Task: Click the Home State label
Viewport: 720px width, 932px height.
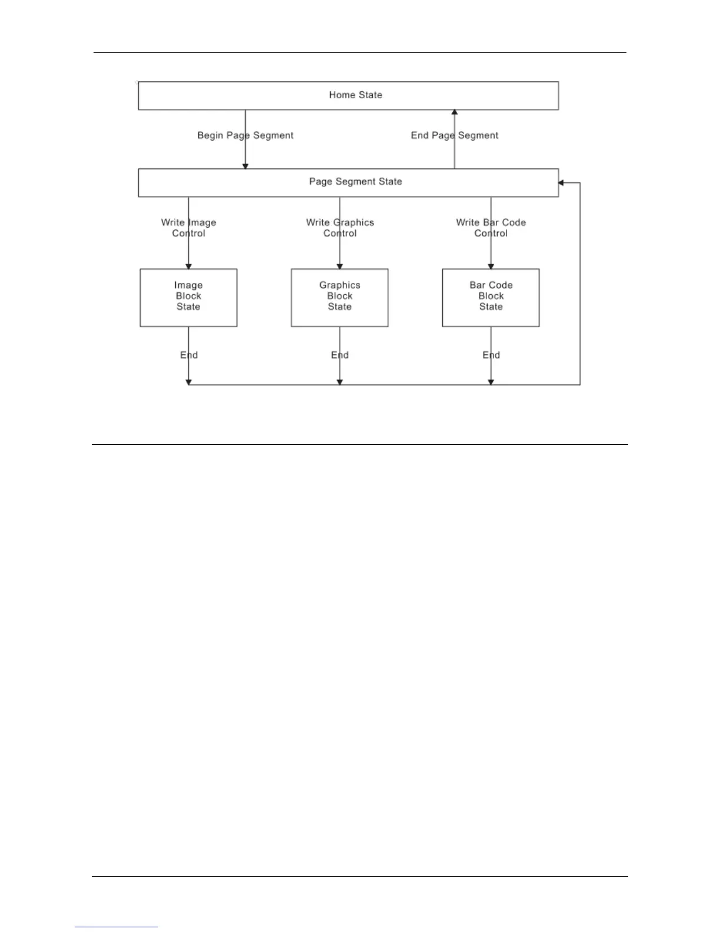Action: (x=355, y=95)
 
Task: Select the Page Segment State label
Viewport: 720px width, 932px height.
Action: (x=355, y=181)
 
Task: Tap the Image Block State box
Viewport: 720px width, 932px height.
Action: (x=188, y=298)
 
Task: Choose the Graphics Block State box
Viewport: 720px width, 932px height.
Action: (x=339, y=298)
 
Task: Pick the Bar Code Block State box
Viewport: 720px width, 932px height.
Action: (x=491, y=298)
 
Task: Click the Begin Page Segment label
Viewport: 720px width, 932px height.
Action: (x=245, y=135)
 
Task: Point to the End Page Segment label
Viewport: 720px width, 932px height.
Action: (x=454, y=135)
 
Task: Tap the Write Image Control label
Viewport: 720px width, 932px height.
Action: (x=188, y=228)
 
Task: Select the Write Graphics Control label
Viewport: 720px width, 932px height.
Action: (x=339, y=228)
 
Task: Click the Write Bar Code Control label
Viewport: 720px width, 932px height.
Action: (x=491, y=228)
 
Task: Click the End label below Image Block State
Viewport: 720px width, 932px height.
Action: (x=189, y=355)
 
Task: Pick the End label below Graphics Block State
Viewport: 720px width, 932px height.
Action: (x=340, y=355)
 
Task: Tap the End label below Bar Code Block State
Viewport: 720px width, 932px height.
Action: (x=491, y=355)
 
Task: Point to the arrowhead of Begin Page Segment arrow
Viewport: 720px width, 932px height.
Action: (x=245, y=166)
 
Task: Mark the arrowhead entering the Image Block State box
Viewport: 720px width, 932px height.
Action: (x=188, y=266)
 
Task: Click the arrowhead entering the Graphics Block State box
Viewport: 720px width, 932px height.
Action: (x=339, y=266)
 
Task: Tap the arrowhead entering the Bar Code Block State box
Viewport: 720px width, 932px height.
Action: (x=491, y=266)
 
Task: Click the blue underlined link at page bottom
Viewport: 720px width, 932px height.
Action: (x=116, y=927)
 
